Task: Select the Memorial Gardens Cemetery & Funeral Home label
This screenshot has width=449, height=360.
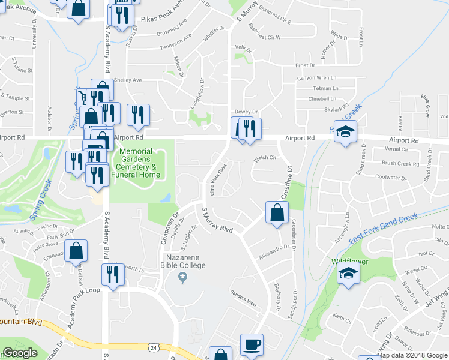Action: [140, 163]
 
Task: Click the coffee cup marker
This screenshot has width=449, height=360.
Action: [252, 345]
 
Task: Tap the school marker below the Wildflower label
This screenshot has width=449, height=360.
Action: [346, 275]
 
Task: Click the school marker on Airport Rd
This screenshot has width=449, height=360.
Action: [345, 131]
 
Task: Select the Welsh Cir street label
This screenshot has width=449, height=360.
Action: [264, 158]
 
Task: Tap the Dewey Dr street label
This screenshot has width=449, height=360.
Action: [246, 112]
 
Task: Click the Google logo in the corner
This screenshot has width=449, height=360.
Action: [20, 353]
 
